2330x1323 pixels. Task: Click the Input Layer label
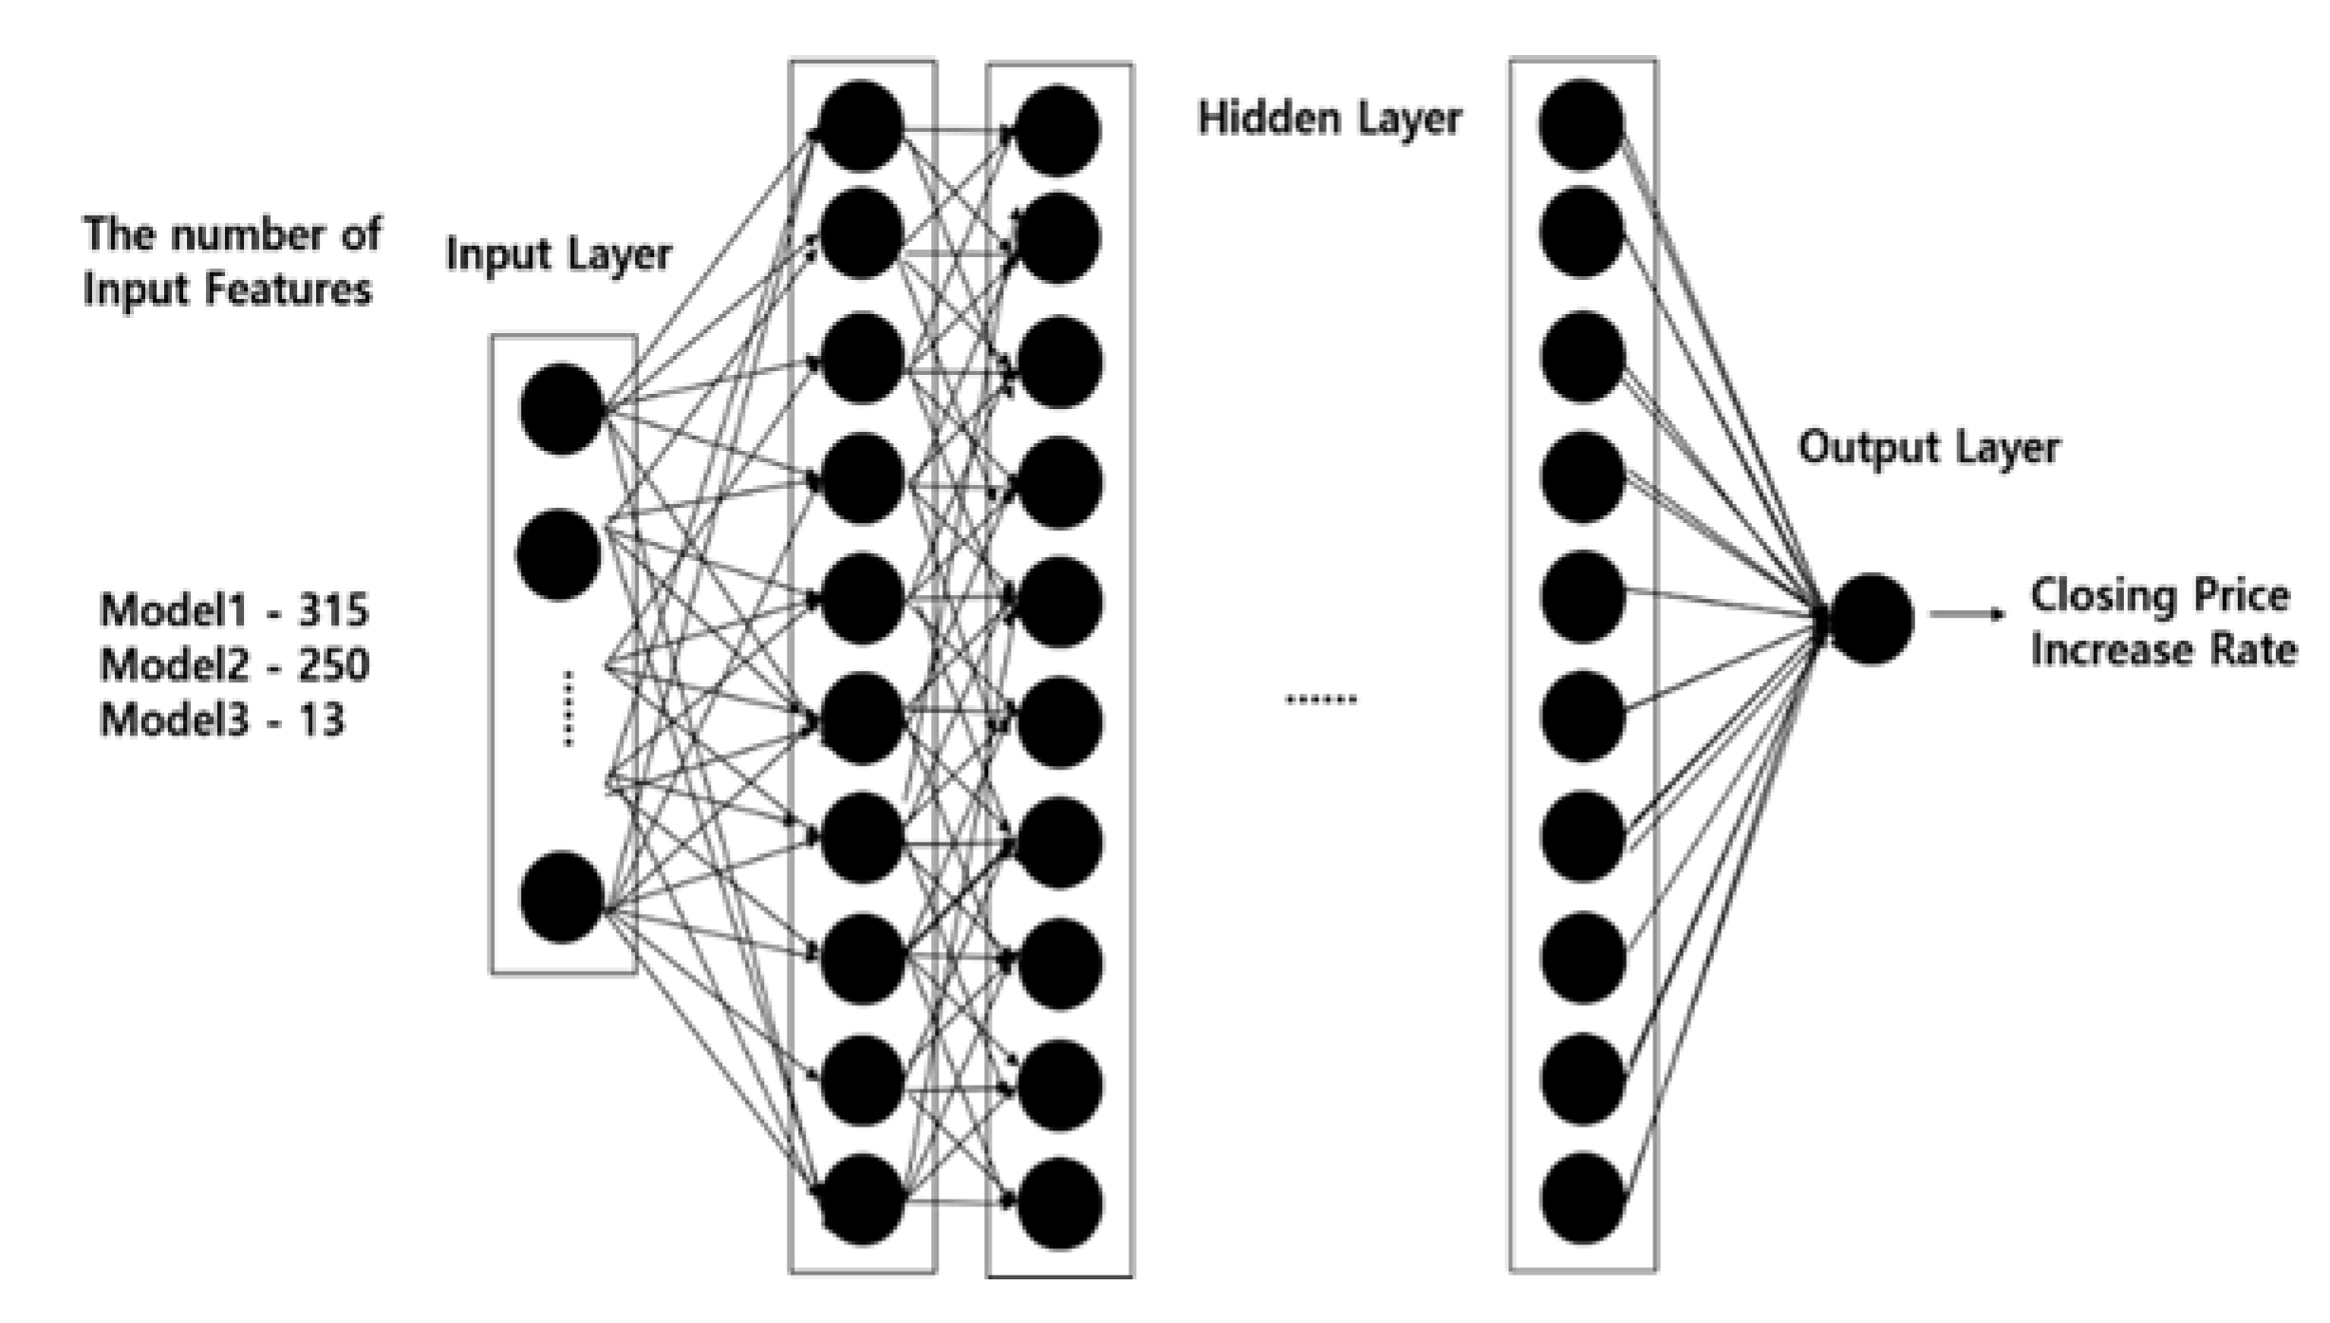point(558,254)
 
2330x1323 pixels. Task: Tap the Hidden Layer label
point(1329,120)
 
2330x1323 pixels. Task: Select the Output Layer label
point(1929,448)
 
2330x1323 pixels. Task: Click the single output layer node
point(1871,619)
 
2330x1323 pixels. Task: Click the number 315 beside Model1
point(332,610)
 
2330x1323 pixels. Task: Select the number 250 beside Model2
point(334,665)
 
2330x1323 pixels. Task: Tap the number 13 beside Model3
point(321,720)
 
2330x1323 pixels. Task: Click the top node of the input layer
point(562,408)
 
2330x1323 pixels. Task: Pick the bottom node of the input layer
point(562,897)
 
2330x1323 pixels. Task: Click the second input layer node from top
point(559,555)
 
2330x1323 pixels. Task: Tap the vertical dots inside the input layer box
point(568,708)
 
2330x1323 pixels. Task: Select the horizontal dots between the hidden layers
point(1320,700)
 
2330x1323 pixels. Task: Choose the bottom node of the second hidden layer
point(1058,1203)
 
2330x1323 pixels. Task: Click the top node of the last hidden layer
point(1581,125)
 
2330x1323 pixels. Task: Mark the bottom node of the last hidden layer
point(1582,1198)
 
